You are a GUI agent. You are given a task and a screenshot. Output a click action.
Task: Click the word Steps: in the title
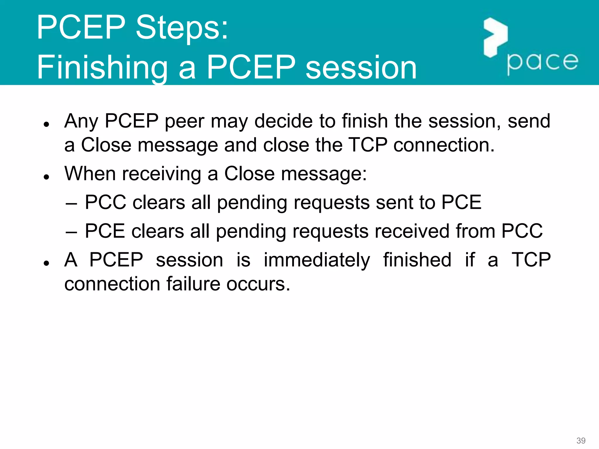(x=182, y=28)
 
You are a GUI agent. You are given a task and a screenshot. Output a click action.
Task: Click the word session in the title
(x=361, y=68)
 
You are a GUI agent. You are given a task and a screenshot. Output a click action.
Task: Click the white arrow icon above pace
(x=495, y=37)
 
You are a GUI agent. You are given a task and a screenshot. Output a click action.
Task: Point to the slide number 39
(x=581, y=441)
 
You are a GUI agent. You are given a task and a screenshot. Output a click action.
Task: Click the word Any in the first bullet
(x=81, y=121)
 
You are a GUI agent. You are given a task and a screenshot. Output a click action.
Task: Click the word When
(x=90, y=174)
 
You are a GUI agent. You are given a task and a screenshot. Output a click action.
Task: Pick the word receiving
(x=161, y=174)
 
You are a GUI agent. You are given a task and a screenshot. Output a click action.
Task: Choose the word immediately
(x=317, y=260)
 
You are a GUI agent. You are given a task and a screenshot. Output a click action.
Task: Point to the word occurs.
(x=258, y=284)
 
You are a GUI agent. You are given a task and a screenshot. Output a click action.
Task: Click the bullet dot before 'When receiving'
(x=46, y=177)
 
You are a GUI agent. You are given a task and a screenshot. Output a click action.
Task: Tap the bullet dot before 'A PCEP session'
(x=46, y=263)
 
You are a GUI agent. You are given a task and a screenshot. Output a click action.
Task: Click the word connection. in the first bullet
(x=443, y=145)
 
